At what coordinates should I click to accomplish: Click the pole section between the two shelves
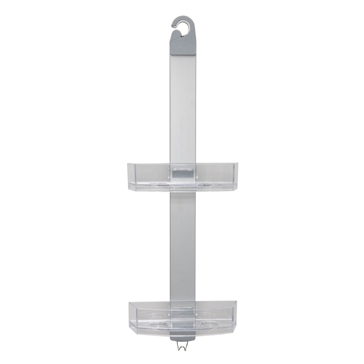[x=183, y=246]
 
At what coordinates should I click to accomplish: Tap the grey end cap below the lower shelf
[x=183, y=338]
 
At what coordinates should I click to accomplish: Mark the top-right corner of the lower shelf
[x=236, y=302]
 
